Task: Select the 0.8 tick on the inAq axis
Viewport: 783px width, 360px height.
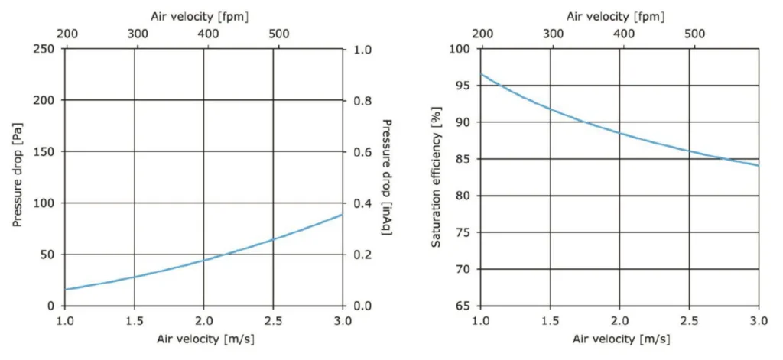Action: [x=362, y=100]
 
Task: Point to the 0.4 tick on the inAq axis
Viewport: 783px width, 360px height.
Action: [x=362, y=203]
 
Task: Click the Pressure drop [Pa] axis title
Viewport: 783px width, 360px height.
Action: [x=16, y=177]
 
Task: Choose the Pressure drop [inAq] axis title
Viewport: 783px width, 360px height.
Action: [x=387, y=177]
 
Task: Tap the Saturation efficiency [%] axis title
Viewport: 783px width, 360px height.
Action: [x=437, y=177]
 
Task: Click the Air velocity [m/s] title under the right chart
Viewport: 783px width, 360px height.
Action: [x=619, y=339]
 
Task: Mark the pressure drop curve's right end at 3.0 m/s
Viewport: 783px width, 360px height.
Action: [x=342, y=215]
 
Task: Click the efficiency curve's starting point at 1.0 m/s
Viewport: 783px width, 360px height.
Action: [x=481, y=74]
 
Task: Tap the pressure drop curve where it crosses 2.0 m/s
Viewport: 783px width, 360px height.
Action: [x=203, y=260]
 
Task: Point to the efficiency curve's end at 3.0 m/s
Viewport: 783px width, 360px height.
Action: [x=758, y=165]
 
